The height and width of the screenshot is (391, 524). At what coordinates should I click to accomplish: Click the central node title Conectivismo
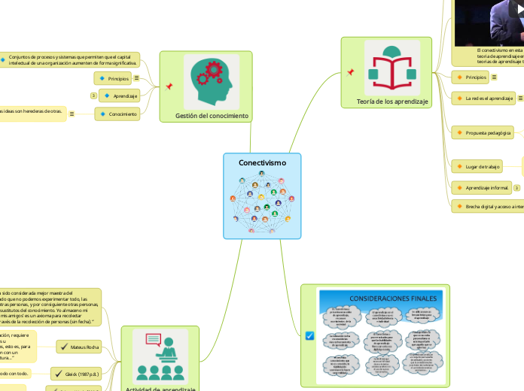(x=262, y=162)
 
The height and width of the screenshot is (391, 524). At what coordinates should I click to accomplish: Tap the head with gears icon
(x=207, y=80)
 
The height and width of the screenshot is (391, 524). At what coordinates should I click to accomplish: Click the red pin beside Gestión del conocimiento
(x=169, y=86)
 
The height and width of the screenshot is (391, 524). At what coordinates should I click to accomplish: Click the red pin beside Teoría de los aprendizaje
(x=350, y=73)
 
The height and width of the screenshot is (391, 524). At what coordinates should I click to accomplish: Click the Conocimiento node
(x=119, y=114)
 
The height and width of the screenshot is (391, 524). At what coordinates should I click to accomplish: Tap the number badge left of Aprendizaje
(x=93, y=95)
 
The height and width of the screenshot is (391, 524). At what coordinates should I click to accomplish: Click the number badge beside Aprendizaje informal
(x=517, y=186)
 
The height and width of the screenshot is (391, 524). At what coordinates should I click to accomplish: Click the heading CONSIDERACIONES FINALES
(x=382, y=299)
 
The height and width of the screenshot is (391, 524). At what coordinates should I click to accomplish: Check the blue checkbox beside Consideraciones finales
(x=309, y=336)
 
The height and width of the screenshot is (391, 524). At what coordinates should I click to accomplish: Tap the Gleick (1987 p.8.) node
(x=86, y=373)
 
